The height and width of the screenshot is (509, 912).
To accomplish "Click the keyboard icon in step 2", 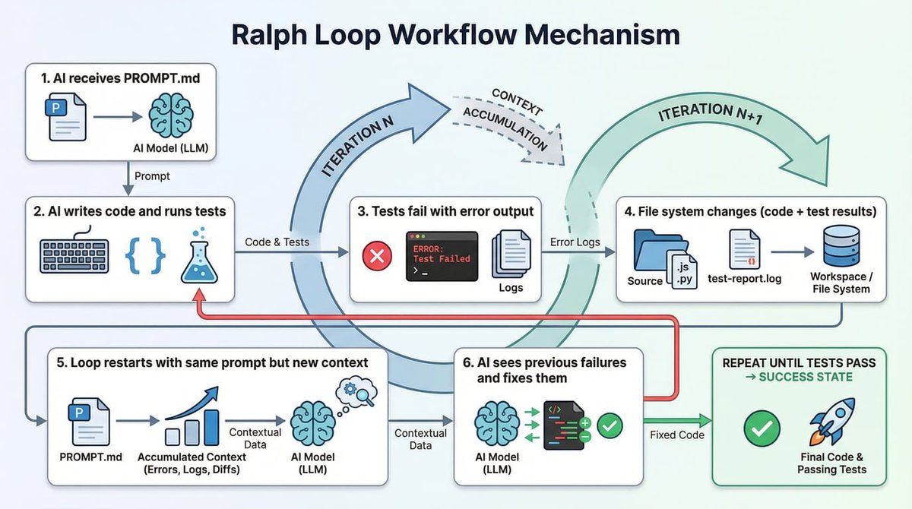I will tap(74, 258).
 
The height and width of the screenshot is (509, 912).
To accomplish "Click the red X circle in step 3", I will tap(376, 258).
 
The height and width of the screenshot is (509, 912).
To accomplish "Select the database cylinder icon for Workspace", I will tap(840, 248).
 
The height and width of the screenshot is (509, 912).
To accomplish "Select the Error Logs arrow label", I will tap(574, 242).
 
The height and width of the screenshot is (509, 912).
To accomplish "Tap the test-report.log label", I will tap(739, 280).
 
